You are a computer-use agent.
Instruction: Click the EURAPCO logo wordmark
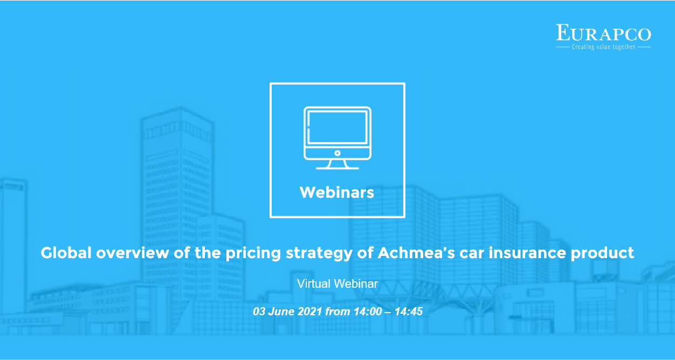point(603,32)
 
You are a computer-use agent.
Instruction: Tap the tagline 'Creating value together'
point(603,47)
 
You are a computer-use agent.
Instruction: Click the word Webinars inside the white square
point(337,192)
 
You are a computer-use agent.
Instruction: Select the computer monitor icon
point(337,138)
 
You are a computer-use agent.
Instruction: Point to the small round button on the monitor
point(337,153)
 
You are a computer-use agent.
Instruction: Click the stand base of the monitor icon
point(337,168)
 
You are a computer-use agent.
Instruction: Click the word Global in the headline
point(66,252)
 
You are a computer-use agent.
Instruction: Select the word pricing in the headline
point(253,254)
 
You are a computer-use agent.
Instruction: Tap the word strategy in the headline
point(319,254)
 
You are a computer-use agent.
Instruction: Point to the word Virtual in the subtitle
point(314,283)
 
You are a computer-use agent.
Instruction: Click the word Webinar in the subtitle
point(356,283)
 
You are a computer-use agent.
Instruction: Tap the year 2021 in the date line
point(310,311)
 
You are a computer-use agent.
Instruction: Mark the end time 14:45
point(409,311)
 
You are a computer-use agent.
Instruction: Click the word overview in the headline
point(133,252)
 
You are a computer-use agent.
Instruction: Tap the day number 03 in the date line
point(259,311)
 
